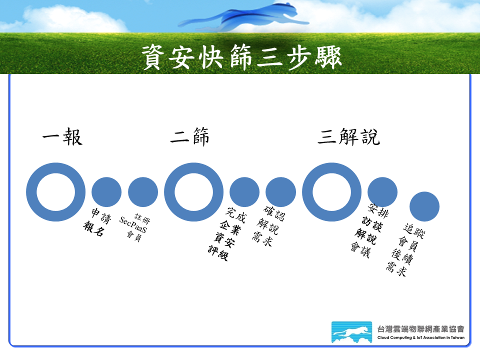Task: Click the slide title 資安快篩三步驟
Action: tap(241, 57)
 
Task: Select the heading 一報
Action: tap(62, 136)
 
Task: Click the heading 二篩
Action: tap(190, 136)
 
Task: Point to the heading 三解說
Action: tap(348, 136)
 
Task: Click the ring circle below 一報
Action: tap(31, 192)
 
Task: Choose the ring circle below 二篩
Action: tap(169, 192)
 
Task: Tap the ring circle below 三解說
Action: tap(307, 192)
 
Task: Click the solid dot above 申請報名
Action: tap(106, 192)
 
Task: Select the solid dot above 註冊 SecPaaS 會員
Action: tap(143, 192)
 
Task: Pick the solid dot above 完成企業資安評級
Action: tap(244, 192)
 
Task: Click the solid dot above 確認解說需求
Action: tap(280, 192)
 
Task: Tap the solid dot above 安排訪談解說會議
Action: tap(382, 192)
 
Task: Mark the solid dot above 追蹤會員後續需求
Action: tap(424, 206)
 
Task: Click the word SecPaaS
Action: tap(133, 224)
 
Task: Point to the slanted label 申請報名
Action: tap(97, 222)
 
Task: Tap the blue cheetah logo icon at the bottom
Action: tap(351, 332)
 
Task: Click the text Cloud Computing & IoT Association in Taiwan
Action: tap(421, 337)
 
